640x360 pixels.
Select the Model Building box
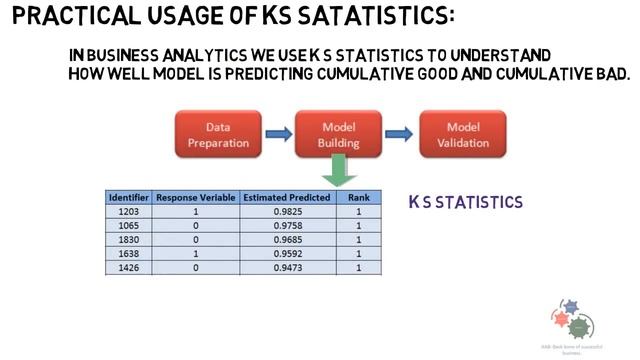tap(339, 135)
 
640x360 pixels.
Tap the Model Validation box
tap(462, 135)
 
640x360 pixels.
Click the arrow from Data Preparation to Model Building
tap(278, 134)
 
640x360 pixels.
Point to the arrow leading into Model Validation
tap(400, 134)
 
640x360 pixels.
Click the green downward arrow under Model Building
tap(339, 172)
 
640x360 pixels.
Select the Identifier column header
tap(129, 198)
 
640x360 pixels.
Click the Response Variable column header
tap(196, 198)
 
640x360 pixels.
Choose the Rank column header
tap(357, 198)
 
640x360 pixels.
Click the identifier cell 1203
tap(129, 212)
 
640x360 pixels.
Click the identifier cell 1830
tap(129, 240)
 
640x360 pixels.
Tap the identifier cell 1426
tap(129, 268)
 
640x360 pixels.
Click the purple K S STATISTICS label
tap(466, 202)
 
